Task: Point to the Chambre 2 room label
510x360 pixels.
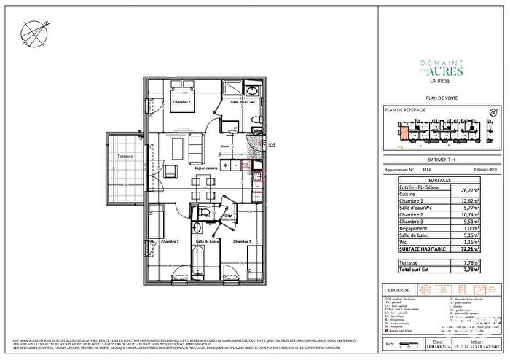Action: [x=170, y=241]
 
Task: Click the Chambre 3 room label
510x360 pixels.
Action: [x=242, y=241]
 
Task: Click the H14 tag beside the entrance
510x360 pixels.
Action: [x=272, y=144]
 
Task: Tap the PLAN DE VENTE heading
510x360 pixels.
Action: [x=441, y=97]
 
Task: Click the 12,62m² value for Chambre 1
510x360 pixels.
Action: [x=478, y=200]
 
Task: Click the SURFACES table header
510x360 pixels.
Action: [x=440, y=179]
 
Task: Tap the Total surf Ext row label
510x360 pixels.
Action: [x=419, y=269]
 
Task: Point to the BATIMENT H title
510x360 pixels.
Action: [x=440, y=159]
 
